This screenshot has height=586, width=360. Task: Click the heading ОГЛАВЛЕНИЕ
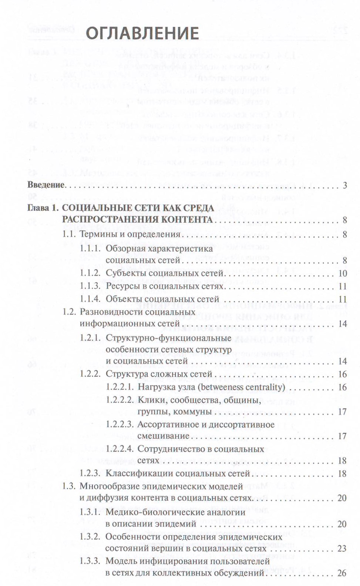142,33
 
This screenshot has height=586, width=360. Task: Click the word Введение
46,185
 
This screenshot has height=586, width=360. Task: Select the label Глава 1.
43,208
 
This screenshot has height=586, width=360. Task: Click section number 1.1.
69,234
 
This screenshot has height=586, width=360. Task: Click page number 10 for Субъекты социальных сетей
343,274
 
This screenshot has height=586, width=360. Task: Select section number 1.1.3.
90,286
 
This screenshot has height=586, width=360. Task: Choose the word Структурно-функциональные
168,338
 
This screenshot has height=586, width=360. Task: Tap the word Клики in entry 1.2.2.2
149,400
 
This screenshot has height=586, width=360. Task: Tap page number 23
342,548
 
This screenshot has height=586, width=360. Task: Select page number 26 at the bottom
342,573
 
